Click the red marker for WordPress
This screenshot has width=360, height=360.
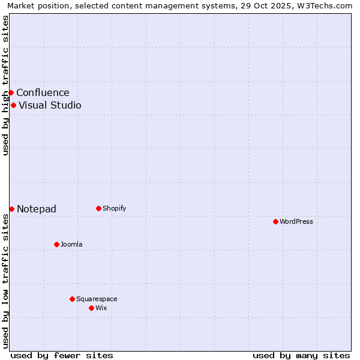(x=275, y=221)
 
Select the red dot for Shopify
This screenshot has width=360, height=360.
(x=98, y=208)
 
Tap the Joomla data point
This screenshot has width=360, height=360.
(x=56, y=244)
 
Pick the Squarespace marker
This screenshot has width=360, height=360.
(x=72, y=299)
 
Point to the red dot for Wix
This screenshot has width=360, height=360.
(x=91, y=308)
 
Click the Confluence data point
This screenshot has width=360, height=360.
(x=11, y=92)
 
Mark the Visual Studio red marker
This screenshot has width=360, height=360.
(x=13, y=105)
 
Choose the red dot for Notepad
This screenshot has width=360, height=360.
(x=11, y=209)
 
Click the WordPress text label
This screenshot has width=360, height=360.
(x=296, y=221)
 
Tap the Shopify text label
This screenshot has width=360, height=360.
(x=114, y=208)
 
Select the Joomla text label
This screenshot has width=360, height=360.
(x=71, y=244)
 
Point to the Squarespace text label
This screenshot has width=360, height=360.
(x=97, y=299)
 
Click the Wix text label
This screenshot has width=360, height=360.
(x=101, y=308)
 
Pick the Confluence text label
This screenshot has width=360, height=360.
(x=43, y=92)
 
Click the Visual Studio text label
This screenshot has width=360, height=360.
(x=50, y=105)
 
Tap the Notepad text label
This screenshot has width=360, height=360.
(x=37, y=209)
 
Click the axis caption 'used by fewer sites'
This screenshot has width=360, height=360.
(x=62, y=355)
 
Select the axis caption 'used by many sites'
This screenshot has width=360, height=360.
(x=301, y=355)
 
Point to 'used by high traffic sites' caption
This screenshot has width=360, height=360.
(x=5, y=85)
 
